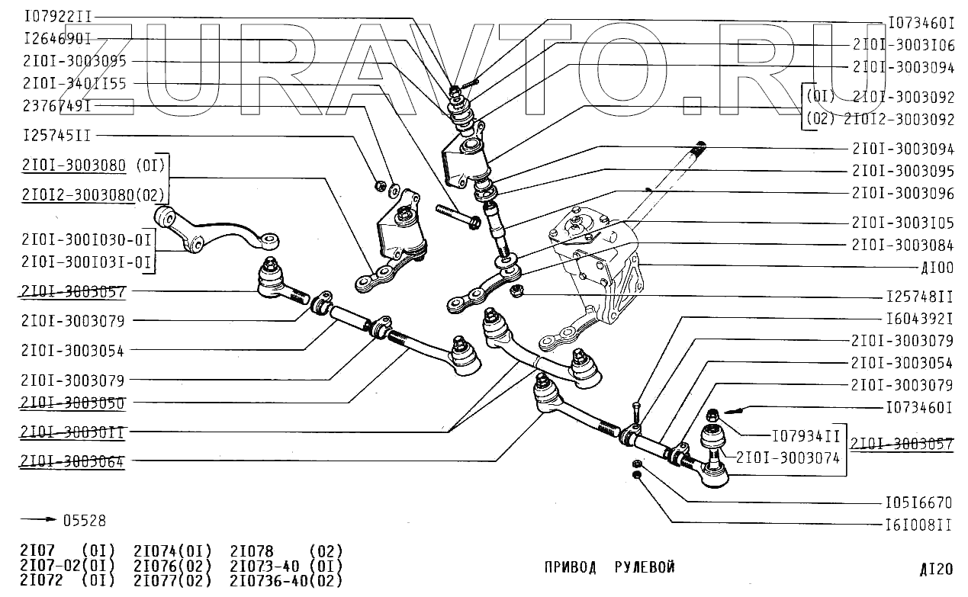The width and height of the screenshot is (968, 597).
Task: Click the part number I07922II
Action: click(57, 15)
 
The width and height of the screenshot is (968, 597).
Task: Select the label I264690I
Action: click(57, 38)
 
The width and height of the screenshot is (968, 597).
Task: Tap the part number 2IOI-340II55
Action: click(75, 83)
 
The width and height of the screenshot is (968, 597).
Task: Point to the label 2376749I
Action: click(57, 105)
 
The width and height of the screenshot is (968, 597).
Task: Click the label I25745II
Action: click(57, 136)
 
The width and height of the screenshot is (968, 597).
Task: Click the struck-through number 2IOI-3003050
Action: click(72, 403)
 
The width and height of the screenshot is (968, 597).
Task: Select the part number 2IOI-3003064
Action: click(72, 461)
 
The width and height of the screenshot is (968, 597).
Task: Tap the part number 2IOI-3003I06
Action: click(902, 46)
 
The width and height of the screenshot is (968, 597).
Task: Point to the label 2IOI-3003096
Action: click(902, 194)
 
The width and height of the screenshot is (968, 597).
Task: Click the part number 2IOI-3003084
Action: click(902, 246)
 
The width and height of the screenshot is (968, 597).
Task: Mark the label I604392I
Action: click(918, 318)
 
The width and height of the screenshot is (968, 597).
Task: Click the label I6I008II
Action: click(918, 525)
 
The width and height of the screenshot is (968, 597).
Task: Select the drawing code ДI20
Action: click(935, 569)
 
